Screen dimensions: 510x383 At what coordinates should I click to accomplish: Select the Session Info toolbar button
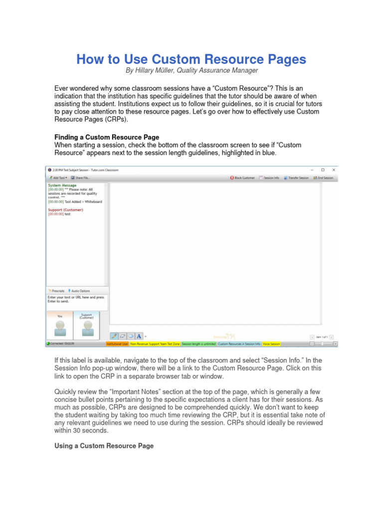point(269,178)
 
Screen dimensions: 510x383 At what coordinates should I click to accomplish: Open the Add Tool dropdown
point(57,178)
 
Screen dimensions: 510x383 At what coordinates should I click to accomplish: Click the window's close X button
point(334,170)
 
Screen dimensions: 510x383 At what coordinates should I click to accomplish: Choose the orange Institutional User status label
point(118,344)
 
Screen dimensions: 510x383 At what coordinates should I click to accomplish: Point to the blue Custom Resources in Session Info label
point(239,344)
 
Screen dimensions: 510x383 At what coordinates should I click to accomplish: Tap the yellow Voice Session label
point(271,344)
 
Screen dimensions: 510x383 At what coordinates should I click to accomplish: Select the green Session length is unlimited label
point(198,344)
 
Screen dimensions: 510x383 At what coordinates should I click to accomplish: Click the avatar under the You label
point(60,328)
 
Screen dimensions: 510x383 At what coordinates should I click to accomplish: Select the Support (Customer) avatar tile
point(87,325)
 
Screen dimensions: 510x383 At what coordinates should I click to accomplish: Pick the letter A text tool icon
point(139,336)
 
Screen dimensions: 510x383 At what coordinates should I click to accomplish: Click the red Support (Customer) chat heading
point(65,210)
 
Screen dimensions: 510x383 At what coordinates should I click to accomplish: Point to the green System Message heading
point(62,185)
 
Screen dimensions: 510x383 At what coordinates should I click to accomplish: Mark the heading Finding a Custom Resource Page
point(106,137)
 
